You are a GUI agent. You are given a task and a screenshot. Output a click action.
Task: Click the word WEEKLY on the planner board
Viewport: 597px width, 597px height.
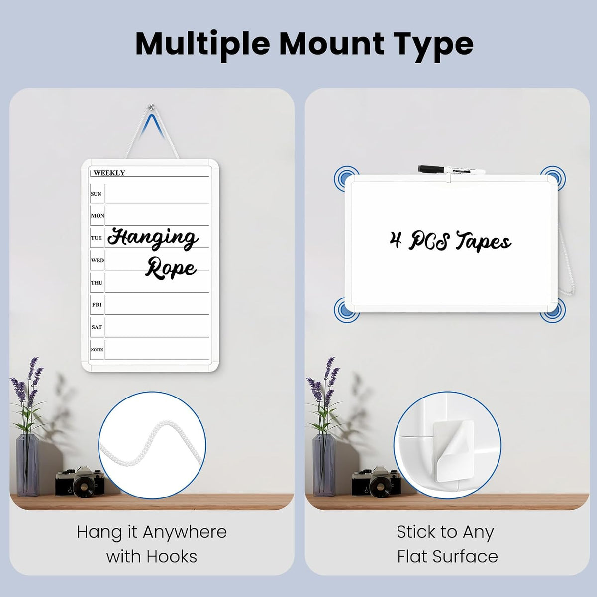pyautogui.click(x=109, y=173)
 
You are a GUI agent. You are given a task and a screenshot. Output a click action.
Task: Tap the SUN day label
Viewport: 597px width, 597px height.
pyautogui.click(x=96, y=194)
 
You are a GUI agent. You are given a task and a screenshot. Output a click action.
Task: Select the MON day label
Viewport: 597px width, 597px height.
pyautogui.click(x=98, y=215)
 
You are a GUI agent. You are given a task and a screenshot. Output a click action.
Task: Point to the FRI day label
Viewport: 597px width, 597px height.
pyautogui.click(x=97, y=305)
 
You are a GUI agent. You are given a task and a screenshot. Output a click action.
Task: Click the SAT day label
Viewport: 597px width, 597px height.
pyautogui.click(x=97, y=327)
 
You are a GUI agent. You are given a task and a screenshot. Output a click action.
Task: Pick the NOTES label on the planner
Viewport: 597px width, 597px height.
pyautogui.click(x=97, y=350)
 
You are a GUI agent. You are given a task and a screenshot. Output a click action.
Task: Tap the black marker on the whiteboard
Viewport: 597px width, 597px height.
pyautogui.click(x=452, y=170)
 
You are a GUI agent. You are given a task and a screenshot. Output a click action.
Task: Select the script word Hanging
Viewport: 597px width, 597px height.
pyautogui.click(x=153, y=239)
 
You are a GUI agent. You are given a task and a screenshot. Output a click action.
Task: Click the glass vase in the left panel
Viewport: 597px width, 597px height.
pyautogui.click(x=27, y=464)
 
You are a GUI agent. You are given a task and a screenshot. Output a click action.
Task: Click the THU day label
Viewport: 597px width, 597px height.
pyautogui.click(x=97, y=283)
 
